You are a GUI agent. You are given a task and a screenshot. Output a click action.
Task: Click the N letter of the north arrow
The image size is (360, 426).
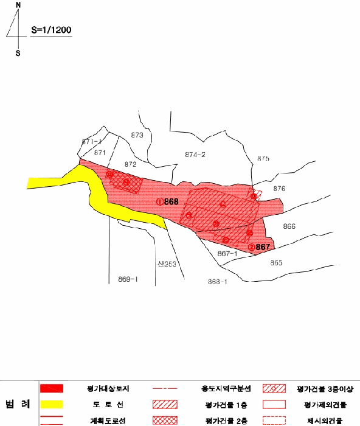(18, 5)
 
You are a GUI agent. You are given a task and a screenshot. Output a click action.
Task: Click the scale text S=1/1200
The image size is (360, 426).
(52, 30)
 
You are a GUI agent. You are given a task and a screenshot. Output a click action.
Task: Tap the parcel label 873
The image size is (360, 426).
(137, 135)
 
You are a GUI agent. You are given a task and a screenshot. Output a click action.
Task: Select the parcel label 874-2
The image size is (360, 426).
(195, 155)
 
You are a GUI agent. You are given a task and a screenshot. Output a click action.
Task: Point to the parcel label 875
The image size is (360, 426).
(263, 158)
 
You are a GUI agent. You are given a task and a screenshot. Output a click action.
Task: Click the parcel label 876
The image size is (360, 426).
(279, 189)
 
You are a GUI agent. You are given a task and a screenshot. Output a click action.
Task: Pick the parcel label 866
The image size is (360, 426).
(289, 226)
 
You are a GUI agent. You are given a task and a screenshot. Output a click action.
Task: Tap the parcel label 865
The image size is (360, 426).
(277, 263)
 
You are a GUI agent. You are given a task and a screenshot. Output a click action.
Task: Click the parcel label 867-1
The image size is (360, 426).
(227, 253)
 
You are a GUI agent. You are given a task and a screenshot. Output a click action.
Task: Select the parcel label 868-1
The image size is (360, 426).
(217, 282)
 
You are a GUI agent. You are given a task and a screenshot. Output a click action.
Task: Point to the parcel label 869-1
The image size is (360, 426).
(128, 279)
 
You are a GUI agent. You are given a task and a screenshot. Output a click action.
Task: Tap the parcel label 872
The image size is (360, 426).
(130, 164)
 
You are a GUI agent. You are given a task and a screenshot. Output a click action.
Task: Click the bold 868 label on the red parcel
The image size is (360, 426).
(171, 201)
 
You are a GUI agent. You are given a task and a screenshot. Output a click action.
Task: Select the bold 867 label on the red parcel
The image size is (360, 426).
(262, 247)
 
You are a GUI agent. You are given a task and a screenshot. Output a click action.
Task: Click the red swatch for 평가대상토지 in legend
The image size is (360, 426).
(52, 388)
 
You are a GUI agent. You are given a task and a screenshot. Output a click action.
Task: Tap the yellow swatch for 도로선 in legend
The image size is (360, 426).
(52, 404)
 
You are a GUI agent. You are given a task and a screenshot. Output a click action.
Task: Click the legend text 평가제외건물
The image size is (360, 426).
(324, 404)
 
